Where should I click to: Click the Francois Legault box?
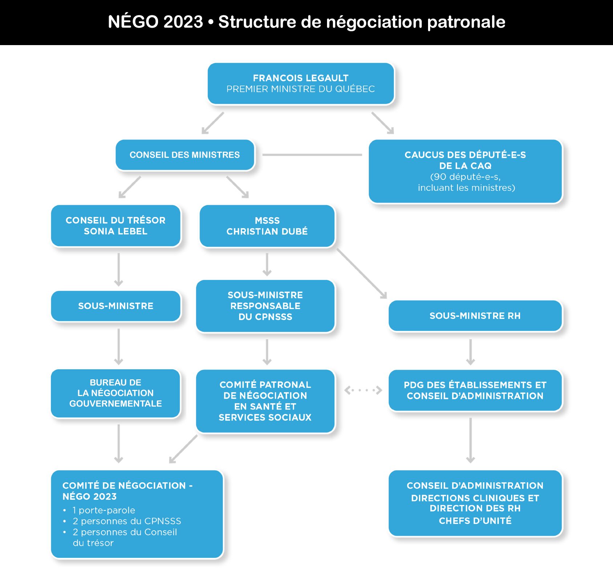[301, 84]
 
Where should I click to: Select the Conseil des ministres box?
[185, 155]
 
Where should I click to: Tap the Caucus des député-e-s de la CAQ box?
[465, 171]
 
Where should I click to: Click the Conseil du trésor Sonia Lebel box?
[116, 226]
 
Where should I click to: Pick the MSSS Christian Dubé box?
[267, 226]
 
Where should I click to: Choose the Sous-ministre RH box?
[475, 316]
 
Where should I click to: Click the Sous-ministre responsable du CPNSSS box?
[265, 306]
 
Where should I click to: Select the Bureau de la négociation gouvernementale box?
[116, 393]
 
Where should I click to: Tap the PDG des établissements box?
[475, 390]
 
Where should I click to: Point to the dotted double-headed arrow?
[363, 390]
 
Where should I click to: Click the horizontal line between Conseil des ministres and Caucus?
[312, 155]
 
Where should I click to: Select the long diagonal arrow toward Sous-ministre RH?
[362, 273]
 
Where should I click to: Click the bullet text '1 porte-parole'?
[104, 510]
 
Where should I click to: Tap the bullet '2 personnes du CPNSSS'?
[127, 521]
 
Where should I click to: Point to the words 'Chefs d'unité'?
[475, 521]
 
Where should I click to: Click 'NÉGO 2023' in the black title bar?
[155, 22]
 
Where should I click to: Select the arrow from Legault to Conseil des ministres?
[213, 123]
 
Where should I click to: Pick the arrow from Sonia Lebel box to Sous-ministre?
[118, 269]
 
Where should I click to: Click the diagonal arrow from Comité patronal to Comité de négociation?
[184, 449]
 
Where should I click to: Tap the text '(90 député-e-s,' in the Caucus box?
[465, 177]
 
